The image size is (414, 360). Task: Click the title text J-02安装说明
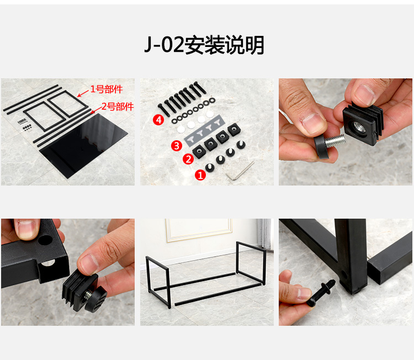click(x=204, y=45)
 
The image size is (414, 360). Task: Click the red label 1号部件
click(x=107, y=89)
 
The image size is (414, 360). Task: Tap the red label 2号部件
click(x=118, y=107)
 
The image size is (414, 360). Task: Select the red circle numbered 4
click(x=158, y=120)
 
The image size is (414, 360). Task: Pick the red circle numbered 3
click(x=177, y=146)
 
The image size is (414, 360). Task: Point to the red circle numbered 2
click(x=188, y=159)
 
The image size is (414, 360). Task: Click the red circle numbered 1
click(x=200, y=175)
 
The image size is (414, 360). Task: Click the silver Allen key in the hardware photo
click(x=240, y=172)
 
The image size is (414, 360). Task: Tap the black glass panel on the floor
click(x=83, y=145)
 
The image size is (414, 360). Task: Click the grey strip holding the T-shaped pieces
click(x=204, y=131)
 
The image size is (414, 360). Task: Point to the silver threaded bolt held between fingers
click(x=335, y=141)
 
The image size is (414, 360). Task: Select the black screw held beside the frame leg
click(x=321, y=293)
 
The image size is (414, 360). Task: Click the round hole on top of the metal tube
click(x=45, y=239)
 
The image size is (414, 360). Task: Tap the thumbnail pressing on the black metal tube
click(x=25, y=227)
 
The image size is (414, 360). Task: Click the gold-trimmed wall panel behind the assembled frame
click(x=199, y=230)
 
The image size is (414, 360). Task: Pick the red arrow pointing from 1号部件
click(x=83, y=94)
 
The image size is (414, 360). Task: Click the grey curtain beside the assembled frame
click(x=264, y=234)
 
